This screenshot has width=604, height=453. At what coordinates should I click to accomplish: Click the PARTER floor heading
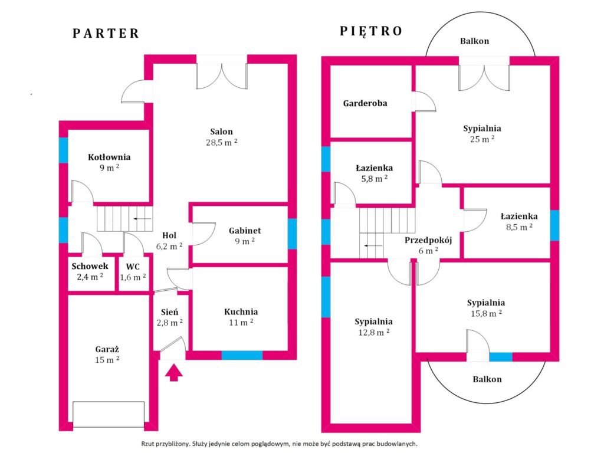(106, 34)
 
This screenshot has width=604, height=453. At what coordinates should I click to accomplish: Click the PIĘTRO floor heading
(372, 31)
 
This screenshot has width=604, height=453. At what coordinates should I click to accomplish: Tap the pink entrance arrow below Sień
(174, 372)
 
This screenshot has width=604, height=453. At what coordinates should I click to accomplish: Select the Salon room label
(222, 132)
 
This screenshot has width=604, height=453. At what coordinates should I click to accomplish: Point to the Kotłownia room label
(109, 157)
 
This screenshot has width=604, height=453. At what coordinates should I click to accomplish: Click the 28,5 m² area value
(222, 142)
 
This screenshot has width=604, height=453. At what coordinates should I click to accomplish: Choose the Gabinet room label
(245, 231)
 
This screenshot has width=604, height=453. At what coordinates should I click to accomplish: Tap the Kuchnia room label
(241, 311)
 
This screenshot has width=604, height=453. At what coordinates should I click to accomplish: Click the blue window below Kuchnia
(242, 355)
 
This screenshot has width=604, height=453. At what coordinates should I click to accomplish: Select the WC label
(133, 267)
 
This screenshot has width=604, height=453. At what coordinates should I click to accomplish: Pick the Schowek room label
(90, 266)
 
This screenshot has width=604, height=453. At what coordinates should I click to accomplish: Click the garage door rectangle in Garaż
(109, 415)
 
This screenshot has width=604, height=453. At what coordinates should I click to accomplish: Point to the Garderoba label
(365, 103)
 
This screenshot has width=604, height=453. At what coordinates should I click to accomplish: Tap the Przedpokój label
(428, 241)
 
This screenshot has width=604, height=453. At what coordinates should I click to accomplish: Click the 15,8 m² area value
(486, 314)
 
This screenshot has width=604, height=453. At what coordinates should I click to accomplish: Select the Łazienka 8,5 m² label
(519, 222)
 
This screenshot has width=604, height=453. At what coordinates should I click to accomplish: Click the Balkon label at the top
(475, 41)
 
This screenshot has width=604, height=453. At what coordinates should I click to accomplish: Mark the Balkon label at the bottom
(487, 379)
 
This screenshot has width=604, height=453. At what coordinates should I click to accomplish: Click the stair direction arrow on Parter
(142, 219)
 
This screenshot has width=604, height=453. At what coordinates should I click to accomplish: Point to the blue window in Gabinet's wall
(293, 234)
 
